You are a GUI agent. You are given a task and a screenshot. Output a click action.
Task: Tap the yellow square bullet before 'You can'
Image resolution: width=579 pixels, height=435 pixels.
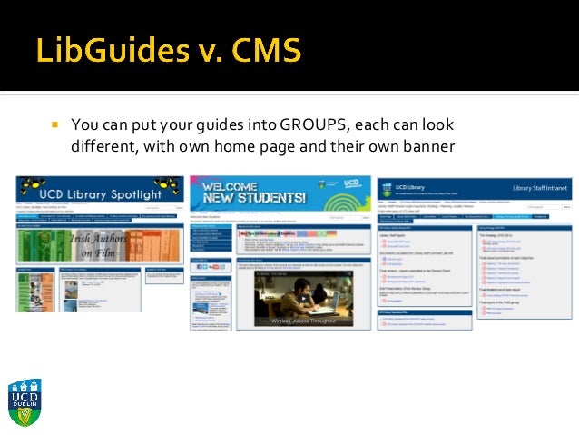coord(54,124)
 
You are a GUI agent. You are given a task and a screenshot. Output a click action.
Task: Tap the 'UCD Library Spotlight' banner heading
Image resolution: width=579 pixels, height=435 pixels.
coord(102,193)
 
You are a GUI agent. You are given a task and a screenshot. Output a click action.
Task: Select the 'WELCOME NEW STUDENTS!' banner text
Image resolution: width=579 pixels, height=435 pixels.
coord(254,192)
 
